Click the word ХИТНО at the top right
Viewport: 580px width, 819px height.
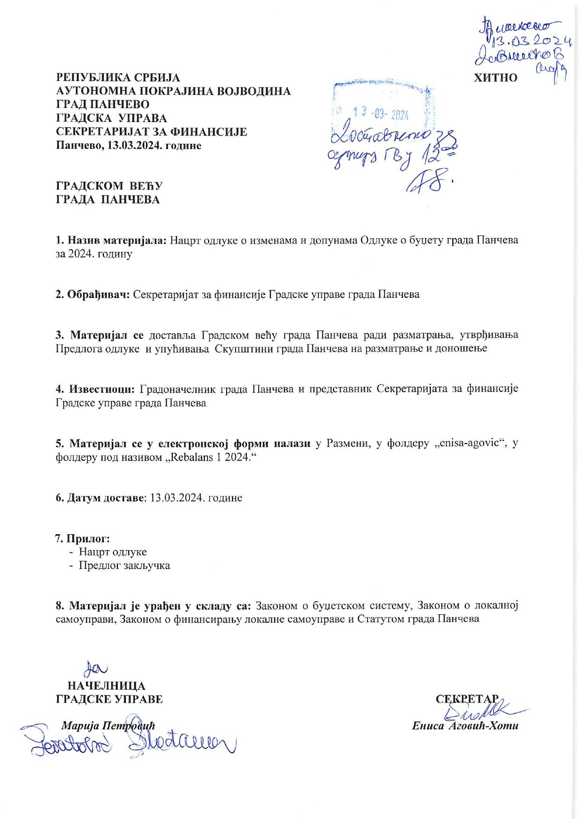[x=495, y=78]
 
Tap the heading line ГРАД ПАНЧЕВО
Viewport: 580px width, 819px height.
[x=102, y=104]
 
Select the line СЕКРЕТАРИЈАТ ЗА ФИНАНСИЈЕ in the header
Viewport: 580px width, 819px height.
[x=151, y=132]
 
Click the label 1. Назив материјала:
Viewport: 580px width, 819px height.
[x=111, y=241]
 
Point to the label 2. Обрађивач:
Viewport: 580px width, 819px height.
[x=93, y=295]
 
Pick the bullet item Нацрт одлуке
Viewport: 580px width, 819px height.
[x=112, y=552]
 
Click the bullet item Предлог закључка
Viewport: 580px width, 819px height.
[x=124, y=566]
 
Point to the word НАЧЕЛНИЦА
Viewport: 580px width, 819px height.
[x=106, y=686]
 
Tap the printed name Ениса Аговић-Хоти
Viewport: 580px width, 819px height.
[x=465, y=726]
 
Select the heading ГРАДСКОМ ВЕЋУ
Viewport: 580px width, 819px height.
[x=109, y=186]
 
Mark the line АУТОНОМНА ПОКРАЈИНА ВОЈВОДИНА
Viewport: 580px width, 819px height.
[x=173, y=91]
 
